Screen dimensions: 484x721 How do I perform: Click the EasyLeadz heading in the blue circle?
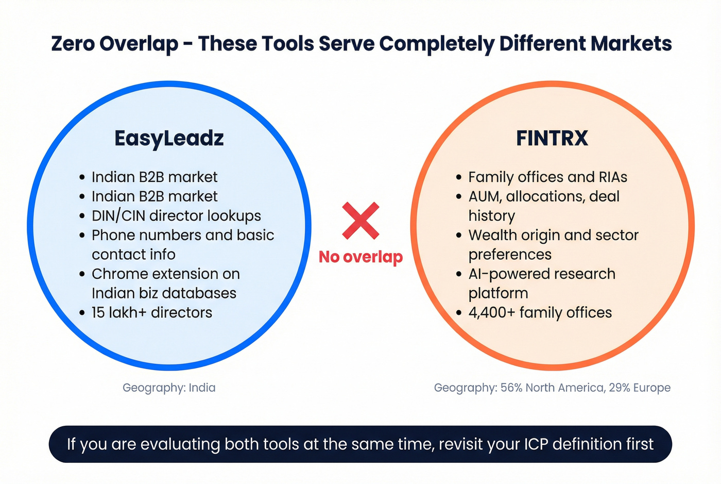tap(169, 138)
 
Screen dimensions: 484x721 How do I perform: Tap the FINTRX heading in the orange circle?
tap(552, 138)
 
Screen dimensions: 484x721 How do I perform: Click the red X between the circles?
tap(360, 221)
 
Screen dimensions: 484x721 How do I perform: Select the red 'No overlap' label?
tap(360, 257)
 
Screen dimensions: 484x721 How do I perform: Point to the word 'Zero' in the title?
tap(74, 43)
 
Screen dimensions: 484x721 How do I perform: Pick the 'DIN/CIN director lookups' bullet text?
tap(176, 216)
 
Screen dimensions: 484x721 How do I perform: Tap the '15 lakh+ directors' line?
tap(152, 313)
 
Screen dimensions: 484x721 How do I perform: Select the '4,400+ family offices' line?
tap(540, 313)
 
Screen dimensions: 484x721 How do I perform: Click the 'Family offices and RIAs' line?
tap(548, 177)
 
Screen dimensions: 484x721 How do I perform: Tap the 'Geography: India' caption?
tap(169, 388)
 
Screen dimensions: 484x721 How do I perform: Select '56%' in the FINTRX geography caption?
tap(511, 388)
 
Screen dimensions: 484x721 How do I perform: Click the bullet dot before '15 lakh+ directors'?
tap(82, 313)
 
